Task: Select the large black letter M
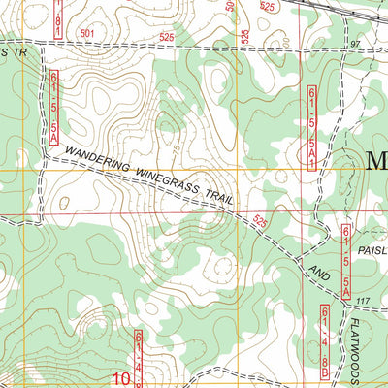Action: pos(375,161)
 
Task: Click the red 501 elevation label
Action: pos(88,34)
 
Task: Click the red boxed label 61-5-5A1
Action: pos(312,115)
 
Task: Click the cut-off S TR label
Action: pos(12,52)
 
